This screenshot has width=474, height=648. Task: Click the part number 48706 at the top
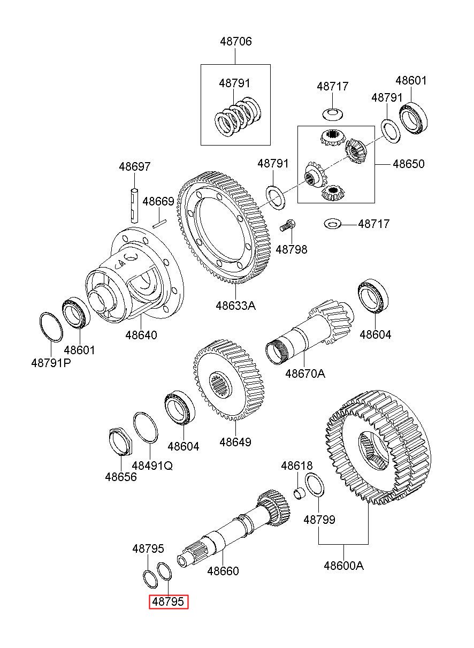pos(235,42)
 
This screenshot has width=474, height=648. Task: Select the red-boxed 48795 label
pos(169,602)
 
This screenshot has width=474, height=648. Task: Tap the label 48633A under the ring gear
pos(235,306)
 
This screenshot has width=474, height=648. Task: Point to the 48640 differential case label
pos(141,336)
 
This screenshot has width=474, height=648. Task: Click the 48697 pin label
pos(135,167)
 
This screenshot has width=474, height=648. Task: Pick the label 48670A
pos(305,373)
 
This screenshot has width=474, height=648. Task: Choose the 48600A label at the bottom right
pos(343,565)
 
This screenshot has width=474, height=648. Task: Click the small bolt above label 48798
pos(287,226)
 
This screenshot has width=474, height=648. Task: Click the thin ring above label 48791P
pos(51,327)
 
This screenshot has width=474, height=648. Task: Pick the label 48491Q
pos(152,466)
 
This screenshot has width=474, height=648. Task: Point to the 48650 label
pos(409,164)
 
